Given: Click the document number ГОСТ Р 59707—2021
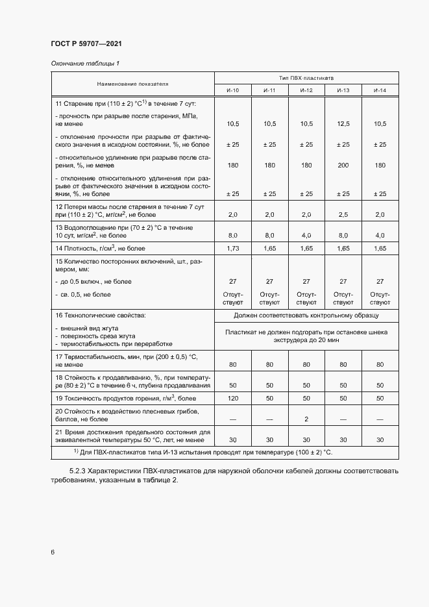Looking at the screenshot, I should coord(86,43).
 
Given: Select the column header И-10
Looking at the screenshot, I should coord(233,90).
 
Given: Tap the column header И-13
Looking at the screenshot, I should coord(343,90).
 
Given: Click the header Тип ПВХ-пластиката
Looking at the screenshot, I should coord(306,77).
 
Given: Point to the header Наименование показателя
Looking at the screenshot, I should coord(132,84).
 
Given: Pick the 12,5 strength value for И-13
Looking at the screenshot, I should coord(343,123).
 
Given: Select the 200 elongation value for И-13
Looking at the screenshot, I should coord(343,166).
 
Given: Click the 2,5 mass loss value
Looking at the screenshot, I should coord(343,214).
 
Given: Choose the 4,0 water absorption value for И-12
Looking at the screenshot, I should coord(306,235).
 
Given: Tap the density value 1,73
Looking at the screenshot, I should coord(233,249).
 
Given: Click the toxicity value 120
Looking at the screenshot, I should coord(233,398).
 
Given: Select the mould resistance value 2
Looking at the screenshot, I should coord(306,419).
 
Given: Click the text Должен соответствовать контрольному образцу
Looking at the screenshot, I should coord(306,316).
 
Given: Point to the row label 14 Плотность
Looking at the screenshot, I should coord(101,249).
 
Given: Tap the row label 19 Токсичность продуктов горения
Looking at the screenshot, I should coord(125,398).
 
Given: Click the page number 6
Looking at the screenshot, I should coord(53,552).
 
